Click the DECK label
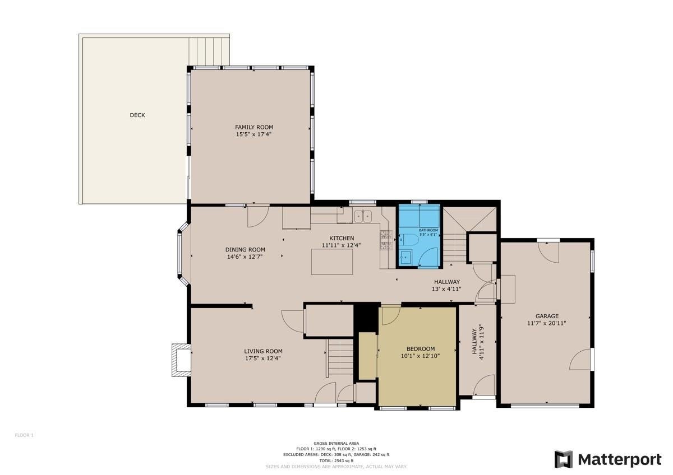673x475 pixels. [x=137, y=115]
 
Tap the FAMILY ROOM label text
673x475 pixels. [x=254, y=127]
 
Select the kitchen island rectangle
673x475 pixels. [x=332, y=262]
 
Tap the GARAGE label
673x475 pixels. [x=546, y=316]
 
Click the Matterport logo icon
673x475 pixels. [x=564, y=459]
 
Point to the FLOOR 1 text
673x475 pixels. [x=24, y=435]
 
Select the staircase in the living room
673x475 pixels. [x=340, y=358]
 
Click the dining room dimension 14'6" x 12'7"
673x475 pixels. [x=245, y=257]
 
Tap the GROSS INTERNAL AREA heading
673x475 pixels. [x=336, y=443]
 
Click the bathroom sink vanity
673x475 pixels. [x=406, y=258]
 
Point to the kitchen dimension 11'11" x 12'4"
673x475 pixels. [x=342, y=245]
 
